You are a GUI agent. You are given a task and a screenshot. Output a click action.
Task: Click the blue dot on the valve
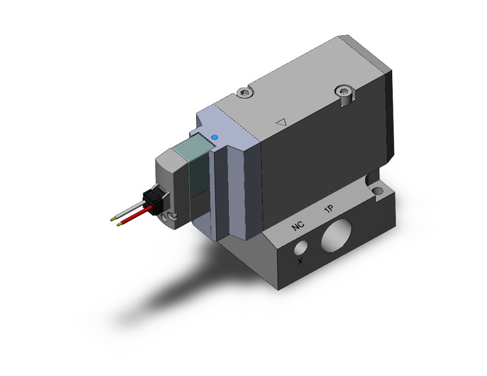click(x=214, y=137)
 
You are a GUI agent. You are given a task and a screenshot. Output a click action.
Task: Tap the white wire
click(x=132, y=209)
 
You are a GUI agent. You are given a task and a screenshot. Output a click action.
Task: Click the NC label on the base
click(x=298, y=226)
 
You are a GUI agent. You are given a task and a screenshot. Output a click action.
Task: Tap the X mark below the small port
click(x=300, y=261)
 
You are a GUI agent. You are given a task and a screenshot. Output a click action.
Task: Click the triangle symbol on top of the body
click(x=279, y=120)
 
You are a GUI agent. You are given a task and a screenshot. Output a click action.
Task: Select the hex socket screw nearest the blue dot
click(x=243, y=94)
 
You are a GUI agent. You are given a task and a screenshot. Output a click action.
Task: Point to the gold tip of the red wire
click(x=113, y=223)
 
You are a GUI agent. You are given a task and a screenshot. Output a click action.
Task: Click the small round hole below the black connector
click(x=170, y=219)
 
